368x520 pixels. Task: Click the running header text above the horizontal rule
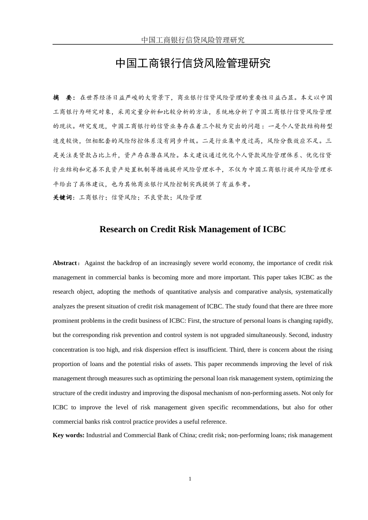point(193,39)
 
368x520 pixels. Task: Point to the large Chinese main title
point(193,63)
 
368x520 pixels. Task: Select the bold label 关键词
point(63,197)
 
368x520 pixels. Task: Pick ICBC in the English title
point(274,229)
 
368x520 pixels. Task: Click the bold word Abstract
point(65,263)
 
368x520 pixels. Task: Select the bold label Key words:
point(68,435)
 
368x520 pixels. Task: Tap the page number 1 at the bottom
point(190,479)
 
